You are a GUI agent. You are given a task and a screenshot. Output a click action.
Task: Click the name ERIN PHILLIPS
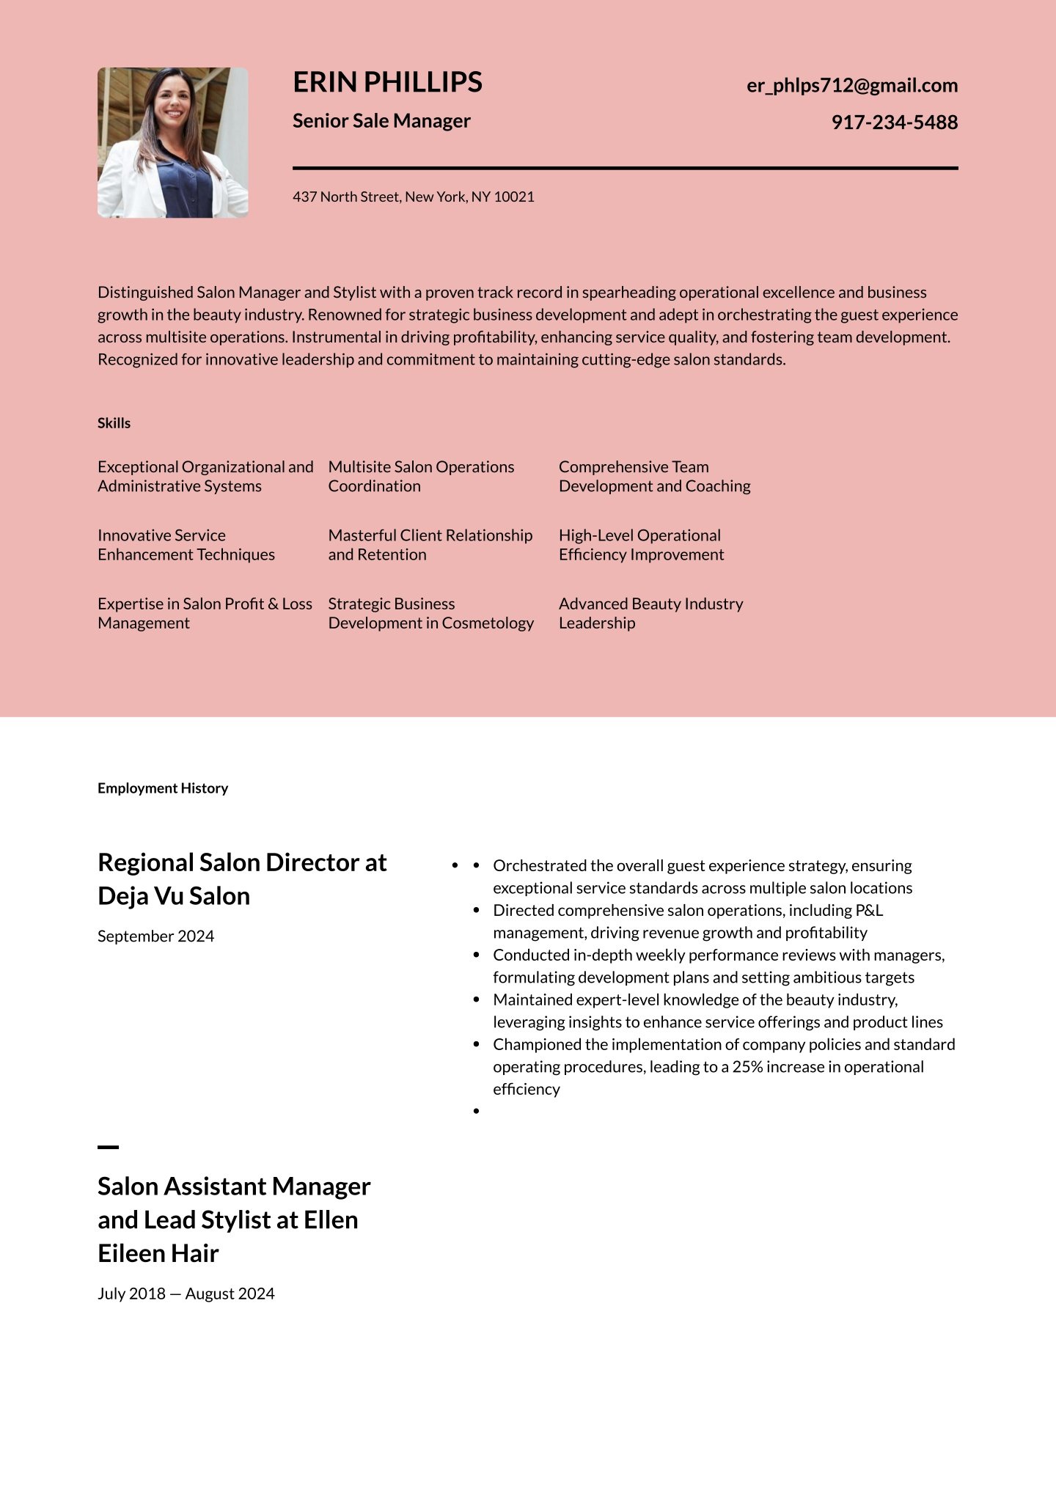387,82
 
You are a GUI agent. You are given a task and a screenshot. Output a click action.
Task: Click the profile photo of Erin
173,143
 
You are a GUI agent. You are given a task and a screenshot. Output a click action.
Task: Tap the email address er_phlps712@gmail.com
851,85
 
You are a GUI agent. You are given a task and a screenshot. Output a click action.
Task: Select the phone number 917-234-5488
894,122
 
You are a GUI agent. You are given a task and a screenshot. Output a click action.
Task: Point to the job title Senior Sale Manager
381,121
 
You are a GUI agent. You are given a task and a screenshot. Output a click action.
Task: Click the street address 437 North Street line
413,197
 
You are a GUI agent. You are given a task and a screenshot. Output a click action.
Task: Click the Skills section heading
114,423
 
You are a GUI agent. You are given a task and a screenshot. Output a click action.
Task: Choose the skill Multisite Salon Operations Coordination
421,477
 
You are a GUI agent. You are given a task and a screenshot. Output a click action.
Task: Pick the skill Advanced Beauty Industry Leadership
650,613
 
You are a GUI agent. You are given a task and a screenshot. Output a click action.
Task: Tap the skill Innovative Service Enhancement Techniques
186,545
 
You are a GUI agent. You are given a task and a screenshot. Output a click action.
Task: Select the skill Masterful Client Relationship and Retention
430,545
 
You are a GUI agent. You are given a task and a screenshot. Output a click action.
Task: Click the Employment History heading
163,788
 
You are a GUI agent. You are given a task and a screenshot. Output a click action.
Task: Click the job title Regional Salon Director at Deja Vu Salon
242,879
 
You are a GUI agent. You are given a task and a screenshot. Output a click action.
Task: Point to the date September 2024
155,936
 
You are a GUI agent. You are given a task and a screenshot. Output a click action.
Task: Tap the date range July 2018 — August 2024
186,1294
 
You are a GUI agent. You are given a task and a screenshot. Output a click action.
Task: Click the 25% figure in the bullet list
748,1067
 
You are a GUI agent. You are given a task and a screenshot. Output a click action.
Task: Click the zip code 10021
514,197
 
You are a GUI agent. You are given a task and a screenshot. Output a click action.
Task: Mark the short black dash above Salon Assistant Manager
108,1147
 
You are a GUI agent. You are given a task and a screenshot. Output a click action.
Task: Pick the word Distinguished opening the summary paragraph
145,293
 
